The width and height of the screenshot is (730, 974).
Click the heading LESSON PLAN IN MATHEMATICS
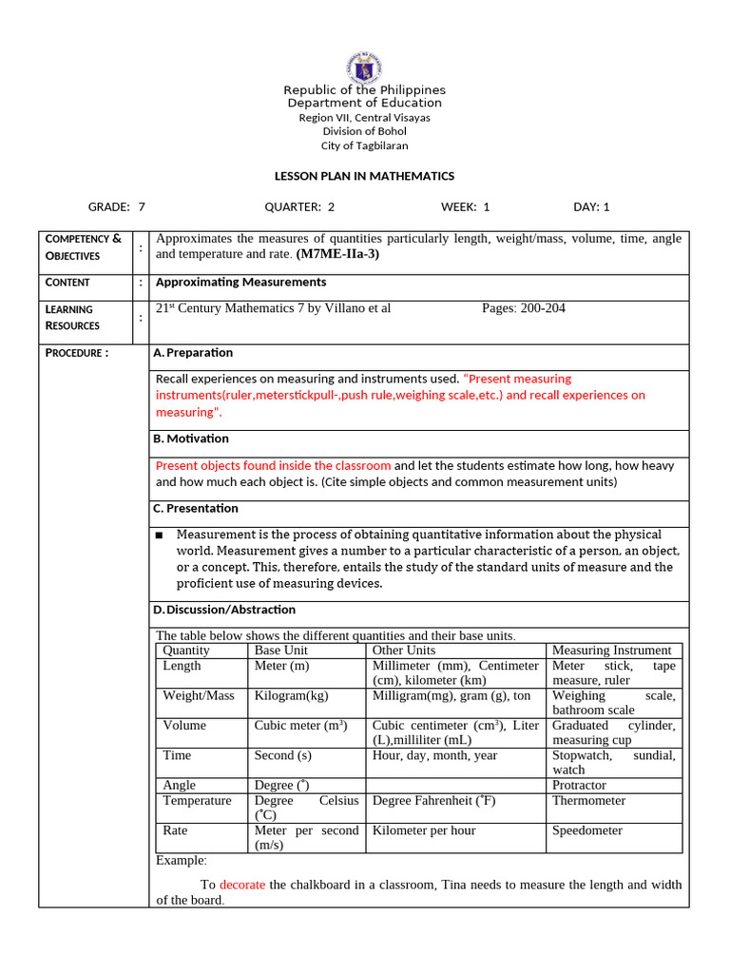364,176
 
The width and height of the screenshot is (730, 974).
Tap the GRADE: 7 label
117,206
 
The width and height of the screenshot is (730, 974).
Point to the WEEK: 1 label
465,206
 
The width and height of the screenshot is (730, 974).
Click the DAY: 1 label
591,206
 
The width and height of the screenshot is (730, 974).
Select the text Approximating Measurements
240,282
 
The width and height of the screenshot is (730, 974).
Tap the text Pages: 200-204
523,308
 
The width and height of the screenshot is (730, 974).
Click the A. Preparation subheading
193,353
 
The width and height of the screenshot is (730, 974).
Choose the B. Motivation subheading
191,438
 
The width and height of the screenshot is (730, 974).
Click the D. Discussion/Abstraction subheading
224,610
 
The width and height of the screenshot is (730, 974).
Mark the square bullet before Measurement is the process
160,536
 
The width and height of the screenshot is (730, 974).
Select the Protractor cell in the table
579,786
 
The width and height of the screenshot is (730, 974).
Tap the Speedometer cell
587,830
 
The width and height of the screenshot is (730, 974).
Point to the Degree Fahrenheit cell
433,801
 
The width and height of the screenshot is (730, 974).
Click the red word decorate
242,885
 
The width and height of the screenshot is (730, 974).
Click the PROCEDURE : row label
77,353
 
